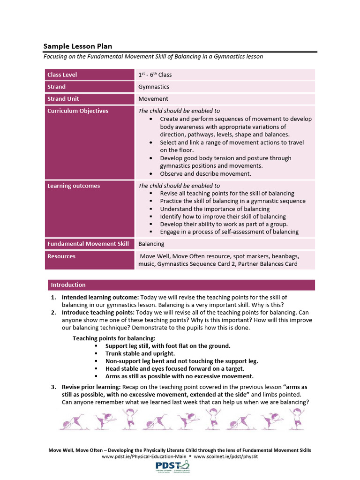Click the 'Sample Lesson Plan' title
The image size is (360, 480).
(x=78, y=46)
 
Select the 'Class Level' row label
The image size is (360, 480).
(x=62, y=75)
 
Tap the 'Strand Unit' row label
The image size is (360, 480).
(x=63, y=99)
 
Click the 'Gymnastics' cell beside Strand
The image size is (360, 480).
(x=154, y=87)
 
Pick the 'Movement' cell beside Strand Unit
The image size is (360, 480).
(x=153, y=99)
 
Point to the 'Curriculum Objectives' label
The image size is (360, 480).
(x=78, y=111)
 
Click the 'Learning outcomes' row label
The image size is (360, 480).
(x=74, y=186)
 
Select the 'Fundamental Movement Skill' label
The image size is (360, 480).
(x=88, y=244)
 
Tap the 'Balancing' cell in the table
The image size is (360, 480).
(x=151, y=244)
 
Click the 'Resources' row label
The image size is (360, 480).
(x=61, y=256)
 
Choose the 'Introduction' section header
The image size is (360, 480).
(x=68, y=285)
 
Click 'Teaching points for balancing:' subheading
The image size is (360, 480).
(x=114, y=338)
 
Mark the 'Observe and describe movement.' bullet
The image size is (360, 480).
(x=206, y=173)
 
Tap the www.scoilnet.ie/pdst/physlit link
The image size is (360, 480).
(x=226, y=456)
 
